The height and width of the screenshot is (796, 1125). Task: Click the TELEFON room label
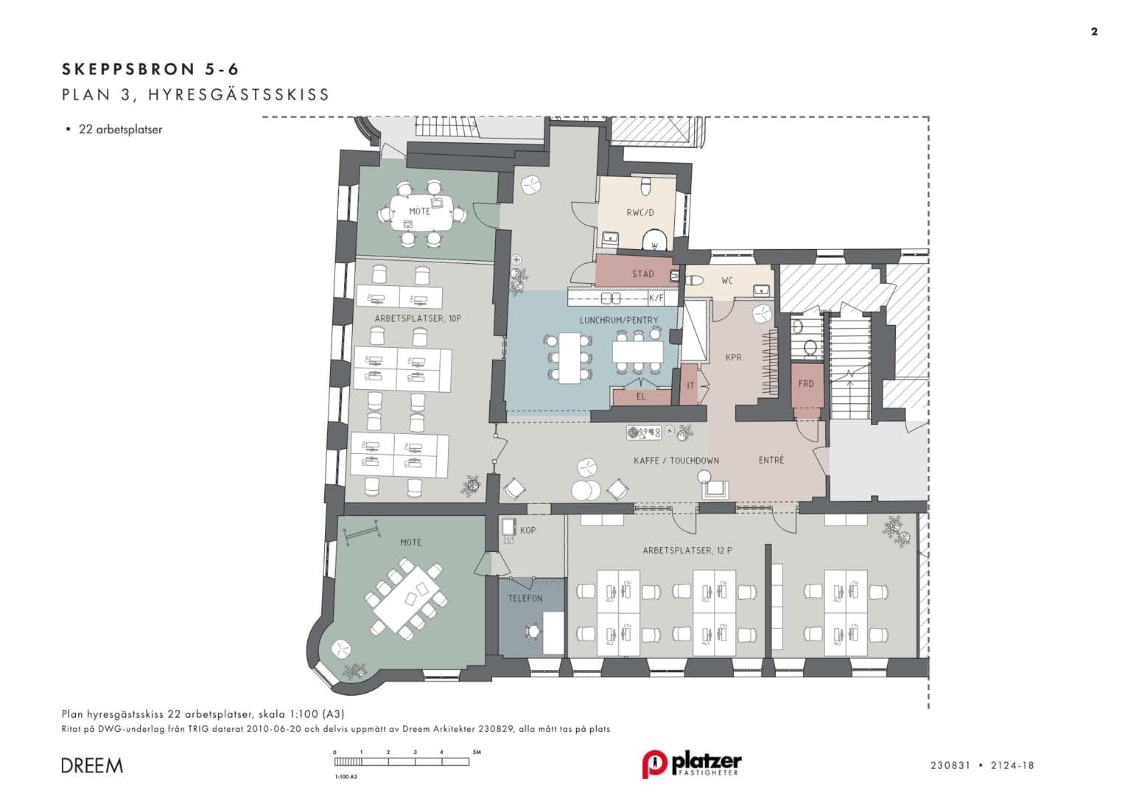click(525, 598)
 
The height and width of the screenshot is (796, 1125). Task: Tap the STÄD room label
click(643, 274)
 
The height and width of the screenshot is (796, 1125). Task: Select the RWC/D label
click(640, 212)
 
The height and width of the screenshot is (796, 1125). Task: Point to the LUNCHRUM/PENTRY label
click(619, 320)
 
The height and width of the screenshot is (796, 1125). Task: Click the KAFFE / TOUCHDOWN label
click(676, 461)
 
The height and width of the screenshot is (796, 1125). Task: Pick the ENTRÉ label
click(771, 460)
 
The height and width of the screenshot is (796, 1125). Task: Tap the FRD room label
click(806, 384)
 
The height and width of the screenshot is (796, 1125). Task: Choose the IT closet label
click(690, 385)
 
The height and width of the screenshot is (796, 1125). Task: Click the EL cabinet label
click(641, 397)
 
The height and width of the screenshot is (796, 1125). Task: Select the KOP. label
click(528, 530)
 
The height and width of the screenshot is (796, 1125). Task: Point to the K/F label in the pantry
click(656, 298)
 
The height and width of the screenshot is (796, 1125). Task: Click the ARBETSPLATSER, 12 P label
click(687, 551)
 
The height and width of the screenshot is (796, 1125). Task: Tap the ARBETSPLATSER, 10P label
click(418, 318)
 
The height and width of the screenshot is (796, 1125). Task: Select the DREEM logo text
click(92, 765)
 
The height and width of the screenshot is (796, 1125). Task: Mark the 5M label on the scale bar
click(477, 753)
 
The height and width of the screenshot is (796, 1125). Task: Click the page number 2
click(1094, 32)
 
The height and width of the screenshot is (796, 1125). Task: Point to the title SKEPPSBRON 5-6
click(151, 69)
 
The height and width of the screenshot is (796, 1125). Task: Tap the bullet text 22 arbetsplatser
click(121, 130)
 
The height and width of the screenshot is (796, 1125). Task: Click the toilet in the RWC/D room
click(646, 186)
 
